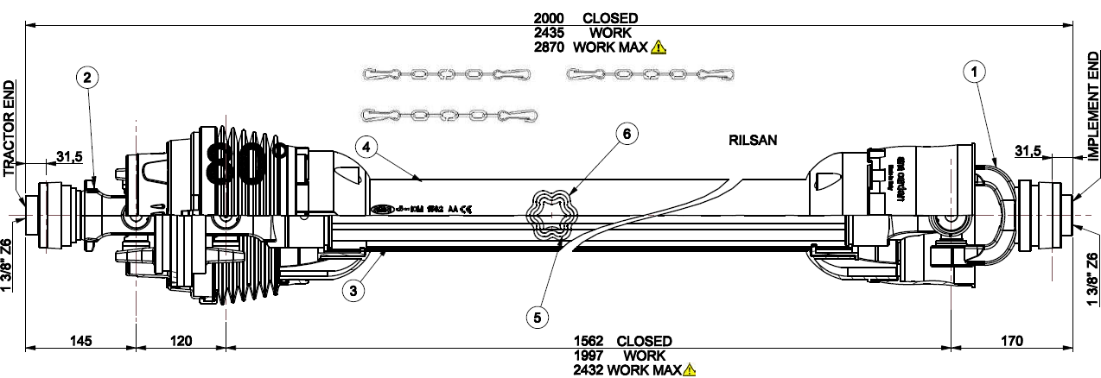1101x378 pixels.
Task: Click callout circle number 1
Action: (x=975, y=72)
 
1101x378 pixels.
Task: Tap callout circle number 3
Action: (x=352, y=291)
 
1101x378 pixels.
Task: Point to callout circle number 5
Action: (x=538, y=317)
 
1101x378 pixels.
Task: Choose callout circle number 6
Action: (x=628, y=133)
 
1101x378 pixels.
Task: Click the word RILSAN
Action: (x=754, y=142)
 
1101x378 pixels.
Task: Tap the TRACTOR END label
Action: (x=10, y=129)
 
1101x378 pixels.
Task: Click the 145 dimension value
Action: (x=80, y=341)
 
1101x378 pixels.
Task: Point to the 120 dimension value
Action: (x=180, y=341)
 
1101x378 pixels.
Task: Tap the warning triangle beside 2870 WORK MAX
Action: (x=659, y=47)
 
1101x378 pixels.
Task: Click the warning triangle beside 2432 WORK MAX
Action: (x=690, y=370)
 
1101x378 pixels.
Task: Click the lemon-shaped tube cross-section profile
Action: (x=551, y=215)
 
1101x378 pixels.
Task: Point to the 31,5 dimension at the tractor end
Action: (x=69, y=156)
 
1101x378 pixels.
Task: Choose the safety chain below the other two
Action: (x=449, y=115)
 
